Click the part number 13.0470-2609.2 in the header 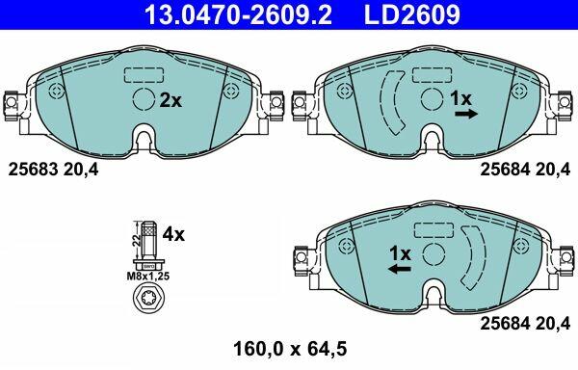pyautogui.click(x=238, y=14)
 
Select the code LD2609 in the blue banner pyautogui.click(x=412, y=14)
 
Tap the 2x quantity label pyautogui.click(x=171, y=100)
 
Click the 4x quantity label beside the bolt pyautogui.click(x=173, y=234)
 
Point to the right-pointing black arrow pyautogui.click(x=466, y=115)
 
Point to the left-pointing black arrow pyautogui.click(x=399, y=269)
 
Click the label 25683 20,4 pyautogui.click(x=53, y=170)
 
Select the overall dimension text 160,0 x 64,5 pyautogui.click(x=290, y=349)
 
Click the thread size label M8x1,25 pyautogui.click(x=148, y=276)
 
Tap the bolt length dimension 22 pyautogui.click(x=137, y=241)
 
